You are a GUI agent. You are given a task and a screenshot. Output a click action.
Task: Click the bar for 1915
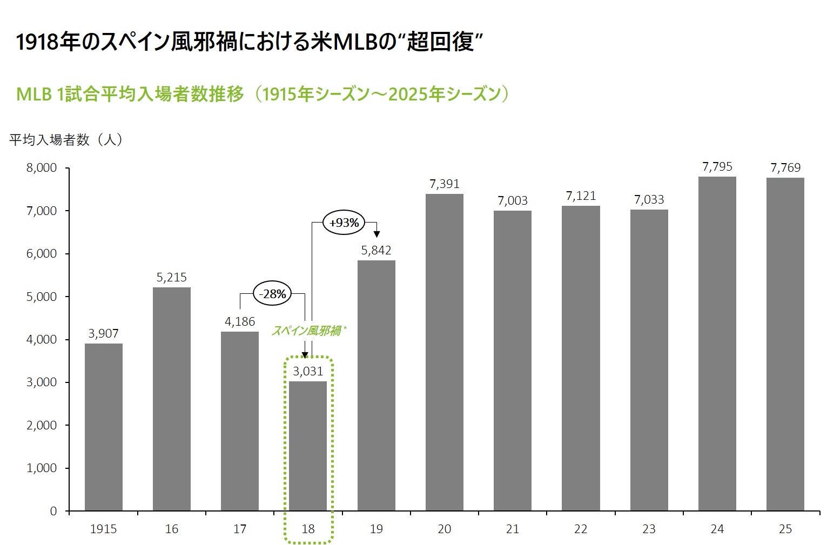[104, 427]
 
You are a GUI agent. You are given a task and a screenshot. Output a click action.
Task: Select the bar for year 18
[308, 446]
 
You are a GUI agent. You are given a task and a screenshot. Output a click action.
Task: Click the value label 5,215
[172, 277]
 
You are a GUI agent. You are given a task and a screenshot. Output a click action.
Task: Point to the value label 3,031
[308, 371]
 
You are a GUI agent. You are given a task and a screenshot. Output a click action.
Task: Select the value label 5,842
[376, 250]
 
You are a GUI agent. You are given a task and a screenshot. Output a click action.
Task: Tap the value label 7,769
[785, 167]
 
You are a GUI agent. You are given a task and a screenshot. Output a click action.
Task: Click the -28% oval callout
[273, 294]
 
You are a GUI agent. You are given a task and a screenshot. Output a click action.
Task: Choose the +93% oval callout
[344, 223]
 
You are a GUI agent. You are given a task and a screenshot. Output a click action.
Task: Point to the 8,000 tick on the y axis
[42, 168]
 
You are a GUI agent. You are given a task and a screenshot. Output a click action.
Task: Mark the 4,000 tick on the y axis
[42, 339]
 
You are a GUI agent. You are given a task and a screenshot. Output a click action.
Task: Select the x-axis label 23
[649, 529]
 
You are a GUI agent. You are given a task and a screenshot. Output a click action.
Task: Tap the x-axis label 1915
[104, 529]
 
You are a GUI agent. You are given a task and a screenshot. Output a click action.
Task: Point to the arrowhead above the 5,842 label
[376, 234]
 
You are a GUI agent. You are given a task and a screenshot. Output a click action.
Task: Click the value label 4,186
[240, 322]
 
